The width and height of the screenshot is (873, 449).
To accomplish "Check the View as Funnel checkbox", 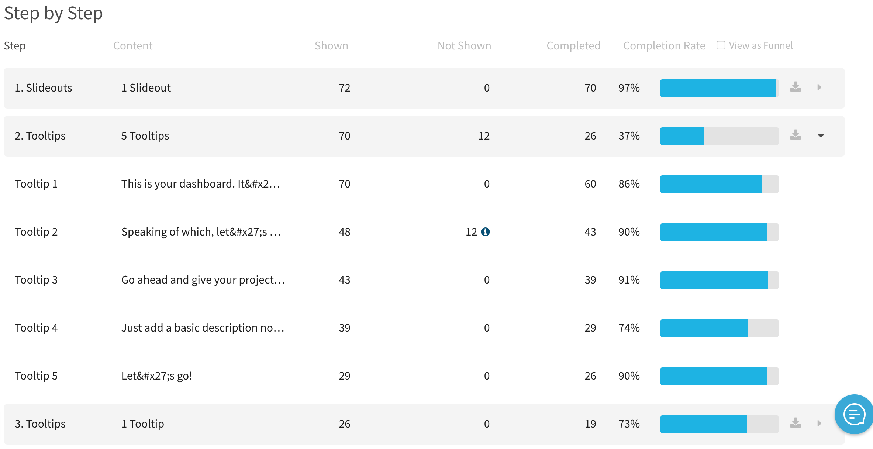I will point(721,45).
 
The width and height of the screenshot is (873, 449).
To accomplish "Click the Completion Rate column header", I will point(664,46).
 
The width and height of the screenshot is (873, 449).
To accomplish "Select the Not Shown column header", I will point(464,46).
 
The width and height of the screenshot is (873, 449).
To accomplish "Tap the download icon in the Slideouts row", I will point(795,87).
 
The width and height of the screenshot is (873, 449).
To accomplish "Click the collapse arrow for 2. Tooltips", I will point(821,136).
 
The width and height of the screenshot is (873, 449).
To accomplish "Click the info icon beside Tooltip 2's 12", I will point(485,232).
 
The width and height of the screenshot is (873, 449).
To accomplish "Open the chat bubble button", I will point(854,414).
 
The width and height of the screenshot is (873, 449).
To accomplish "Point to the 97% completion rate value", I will point(629,88).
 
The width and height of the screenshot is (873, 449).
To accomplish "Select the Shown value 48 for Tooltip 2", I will point(344,232).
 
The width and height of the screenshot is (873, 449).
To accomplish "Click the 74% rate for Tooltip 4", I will point(629,328).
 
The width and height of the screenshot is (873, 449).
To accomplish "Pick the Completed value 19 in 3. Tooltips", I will point(590,424).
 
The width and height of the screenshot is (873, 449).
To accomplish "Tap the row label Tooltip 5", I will point(36,376).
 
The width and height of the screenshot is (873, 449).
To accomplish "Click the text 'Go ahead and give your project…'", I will point(203,280).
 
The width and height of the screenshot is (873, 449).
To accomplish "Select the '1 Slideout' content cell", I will point(146,88).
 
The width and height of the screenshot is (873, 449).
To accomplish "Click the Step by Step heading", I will point(54,13).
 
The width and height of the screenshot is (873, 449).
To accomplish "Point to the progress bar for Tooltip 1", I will point(719,184).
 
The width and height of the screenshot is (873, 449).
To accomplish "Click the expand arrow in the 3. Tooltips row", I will point(819,423).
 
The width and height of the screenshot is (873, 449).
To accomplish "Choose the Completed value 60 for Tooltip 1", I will point(590,184).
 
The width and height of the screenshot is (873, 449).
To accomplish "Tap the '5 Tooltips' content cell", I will point(145,136).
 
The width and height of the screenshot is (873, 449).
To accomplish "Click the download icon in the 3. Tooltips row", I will point(795,423).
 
